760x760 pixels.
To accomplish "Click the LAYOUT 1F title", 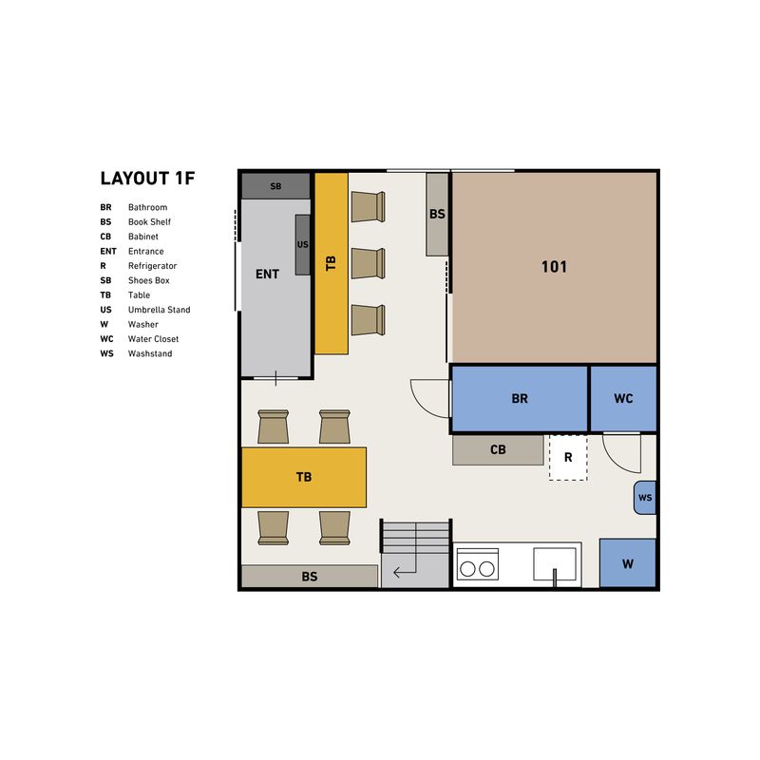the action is click(x=147, y=179).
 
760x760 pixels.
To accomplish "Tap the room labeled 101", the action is click(x=554, y=267).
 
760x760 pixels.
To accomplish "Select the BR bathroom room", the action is click(x=519, y=398).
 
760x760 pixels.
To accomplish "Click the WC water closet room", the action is click(x=623, y=398).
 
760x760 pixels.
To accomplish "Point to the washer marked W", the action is click(x=628, y=563).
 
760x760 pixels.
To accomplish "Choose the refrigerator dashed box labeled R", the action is click(x=568, y=458).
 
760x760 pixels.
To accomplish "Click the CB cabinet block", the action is click(x=498, y=449).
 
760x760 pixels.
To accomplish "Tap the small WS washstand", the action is click(x=645, y=498).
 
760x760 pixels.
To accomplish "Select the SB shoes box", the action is click(x=275, y=186).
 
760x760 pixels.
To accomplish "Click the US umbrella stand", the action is click(x=302, y=245).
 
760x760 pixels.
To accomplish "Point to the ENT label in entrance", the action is click(x=267, y=275).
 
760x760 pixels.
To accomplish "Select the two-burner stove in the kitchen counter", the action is click(x=478, y=564).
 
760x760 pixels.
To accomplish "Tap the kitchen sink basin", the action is click(x=555, y=564).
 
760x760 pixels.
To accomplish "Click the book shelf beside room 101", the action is click(x=437, y=215).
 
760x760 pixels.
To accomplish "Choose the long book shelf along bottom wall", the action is click(x=310, y=577).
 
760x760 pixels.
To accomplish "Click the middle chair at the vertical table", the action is click(x=369, y=264).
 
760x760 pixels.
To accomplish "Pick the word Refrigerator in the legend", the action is click(x=152, y=266).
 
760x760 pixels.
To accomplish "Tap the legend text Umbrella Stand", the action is click(x=159, y=310).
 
